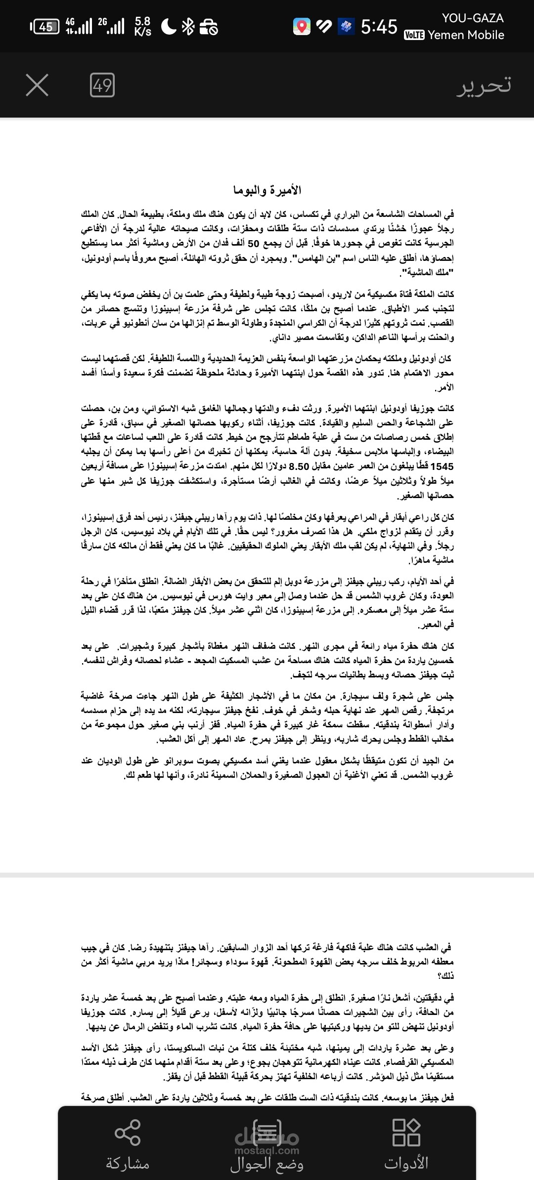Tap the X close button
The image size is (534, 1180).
(37, 85)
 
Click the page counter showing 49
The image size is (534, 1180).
(102, 85)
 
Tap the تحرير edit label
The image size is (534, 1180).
(484, 85)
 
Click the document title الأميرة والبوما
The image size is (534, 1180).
(267, 190)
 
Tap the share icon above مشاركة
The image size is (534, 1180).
(128, 1132)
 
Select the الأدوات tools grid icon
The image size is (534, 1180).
(406, 1132)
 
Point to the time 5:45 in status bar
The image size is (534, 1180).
(379, 27)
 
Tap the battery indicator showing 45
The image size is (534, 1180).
(45, 27)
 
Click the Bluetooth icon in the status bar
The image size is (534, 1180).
(188, 27)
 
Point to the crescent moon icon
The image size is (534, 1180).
(169, 27)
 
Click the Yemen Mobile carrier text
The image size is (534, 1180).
(466, 35)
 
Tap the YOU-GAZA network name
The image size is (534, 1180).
(473, 18)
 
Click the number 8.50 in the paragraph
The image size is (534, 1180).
(299, 466)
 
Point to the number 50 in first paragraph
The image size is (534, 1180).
(253, 243)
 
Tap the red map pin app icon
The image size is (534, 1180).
(302, 27)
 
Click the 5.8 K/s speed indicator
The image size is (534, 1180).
(142, 27)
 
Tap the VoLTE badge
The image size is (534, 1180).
(414, 36)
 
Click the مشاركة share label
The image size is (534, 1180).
(128, 1164)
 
